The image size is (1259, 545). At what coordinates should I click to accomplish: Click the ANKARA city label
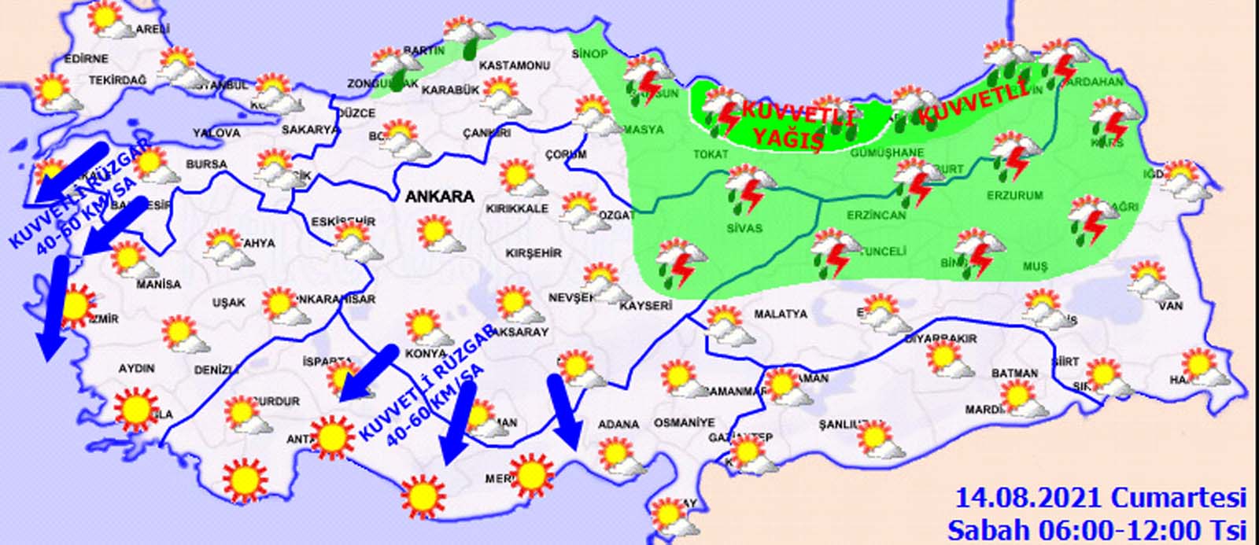440,197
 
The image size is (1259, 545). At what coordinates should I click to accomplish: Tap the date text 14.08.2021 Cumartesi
1101,498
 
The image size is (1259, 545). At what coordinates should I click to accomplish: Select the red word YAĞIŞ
788,139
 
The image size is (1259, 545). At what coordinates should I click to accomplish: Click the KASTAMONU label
513,65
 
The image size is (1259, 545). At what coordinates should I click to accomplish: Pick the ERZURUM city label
1016,195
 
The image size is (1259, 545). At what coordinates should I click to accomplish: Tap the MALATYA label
781,314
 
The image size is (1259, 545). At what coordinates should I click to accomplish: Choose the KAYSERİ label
645,305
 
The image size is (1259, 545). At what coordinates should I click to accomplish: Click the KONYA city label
426,353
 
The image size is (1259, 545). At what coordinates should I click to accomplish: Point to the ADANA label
618,424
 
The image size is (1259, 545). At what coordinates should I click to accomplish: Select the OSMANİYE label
684,423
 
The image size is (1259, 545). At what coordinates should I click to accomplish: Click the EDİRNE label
86,58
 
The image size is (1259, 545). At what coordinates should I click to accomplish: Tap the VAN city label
1171,305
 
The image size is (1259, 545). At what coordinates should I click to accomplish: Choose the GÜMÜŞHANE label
887,153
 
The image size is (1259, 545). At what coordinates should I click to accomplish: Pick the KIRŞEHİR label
535,253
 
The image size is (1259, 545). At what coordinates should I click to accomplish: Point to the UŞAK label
229,302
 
